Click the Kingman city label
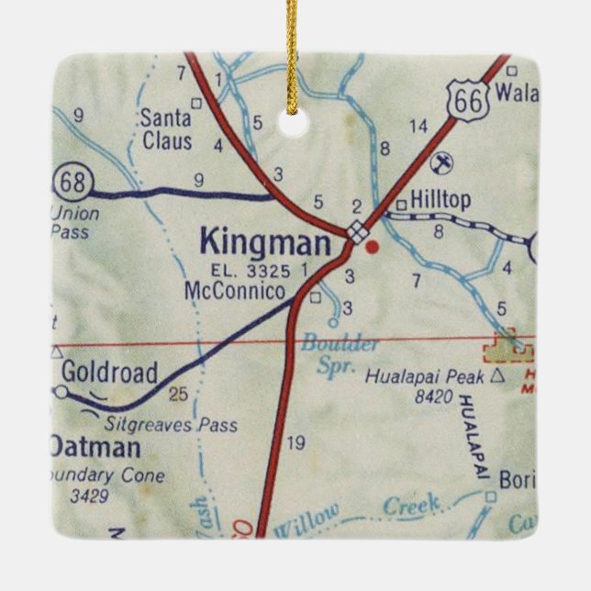(x=263, y=243)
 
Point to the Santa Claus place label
(x=166, y=129)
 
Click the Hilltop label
(x=440, y=201)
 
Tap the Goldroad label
(x=109, y=373)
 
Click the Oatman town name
(x=95, y=448)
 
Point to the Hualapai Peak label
(x=427, y=375)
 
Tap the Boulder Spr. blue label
(x=340, y=353)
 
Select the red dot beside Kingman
(x=372, y=246)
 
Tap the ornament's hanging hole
(x=295, y=124)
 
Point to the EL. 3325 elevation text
(x=251, y=271)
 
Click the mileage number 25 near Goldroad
(x=178, y=394)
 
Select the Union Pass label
(x=74, y=223)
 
